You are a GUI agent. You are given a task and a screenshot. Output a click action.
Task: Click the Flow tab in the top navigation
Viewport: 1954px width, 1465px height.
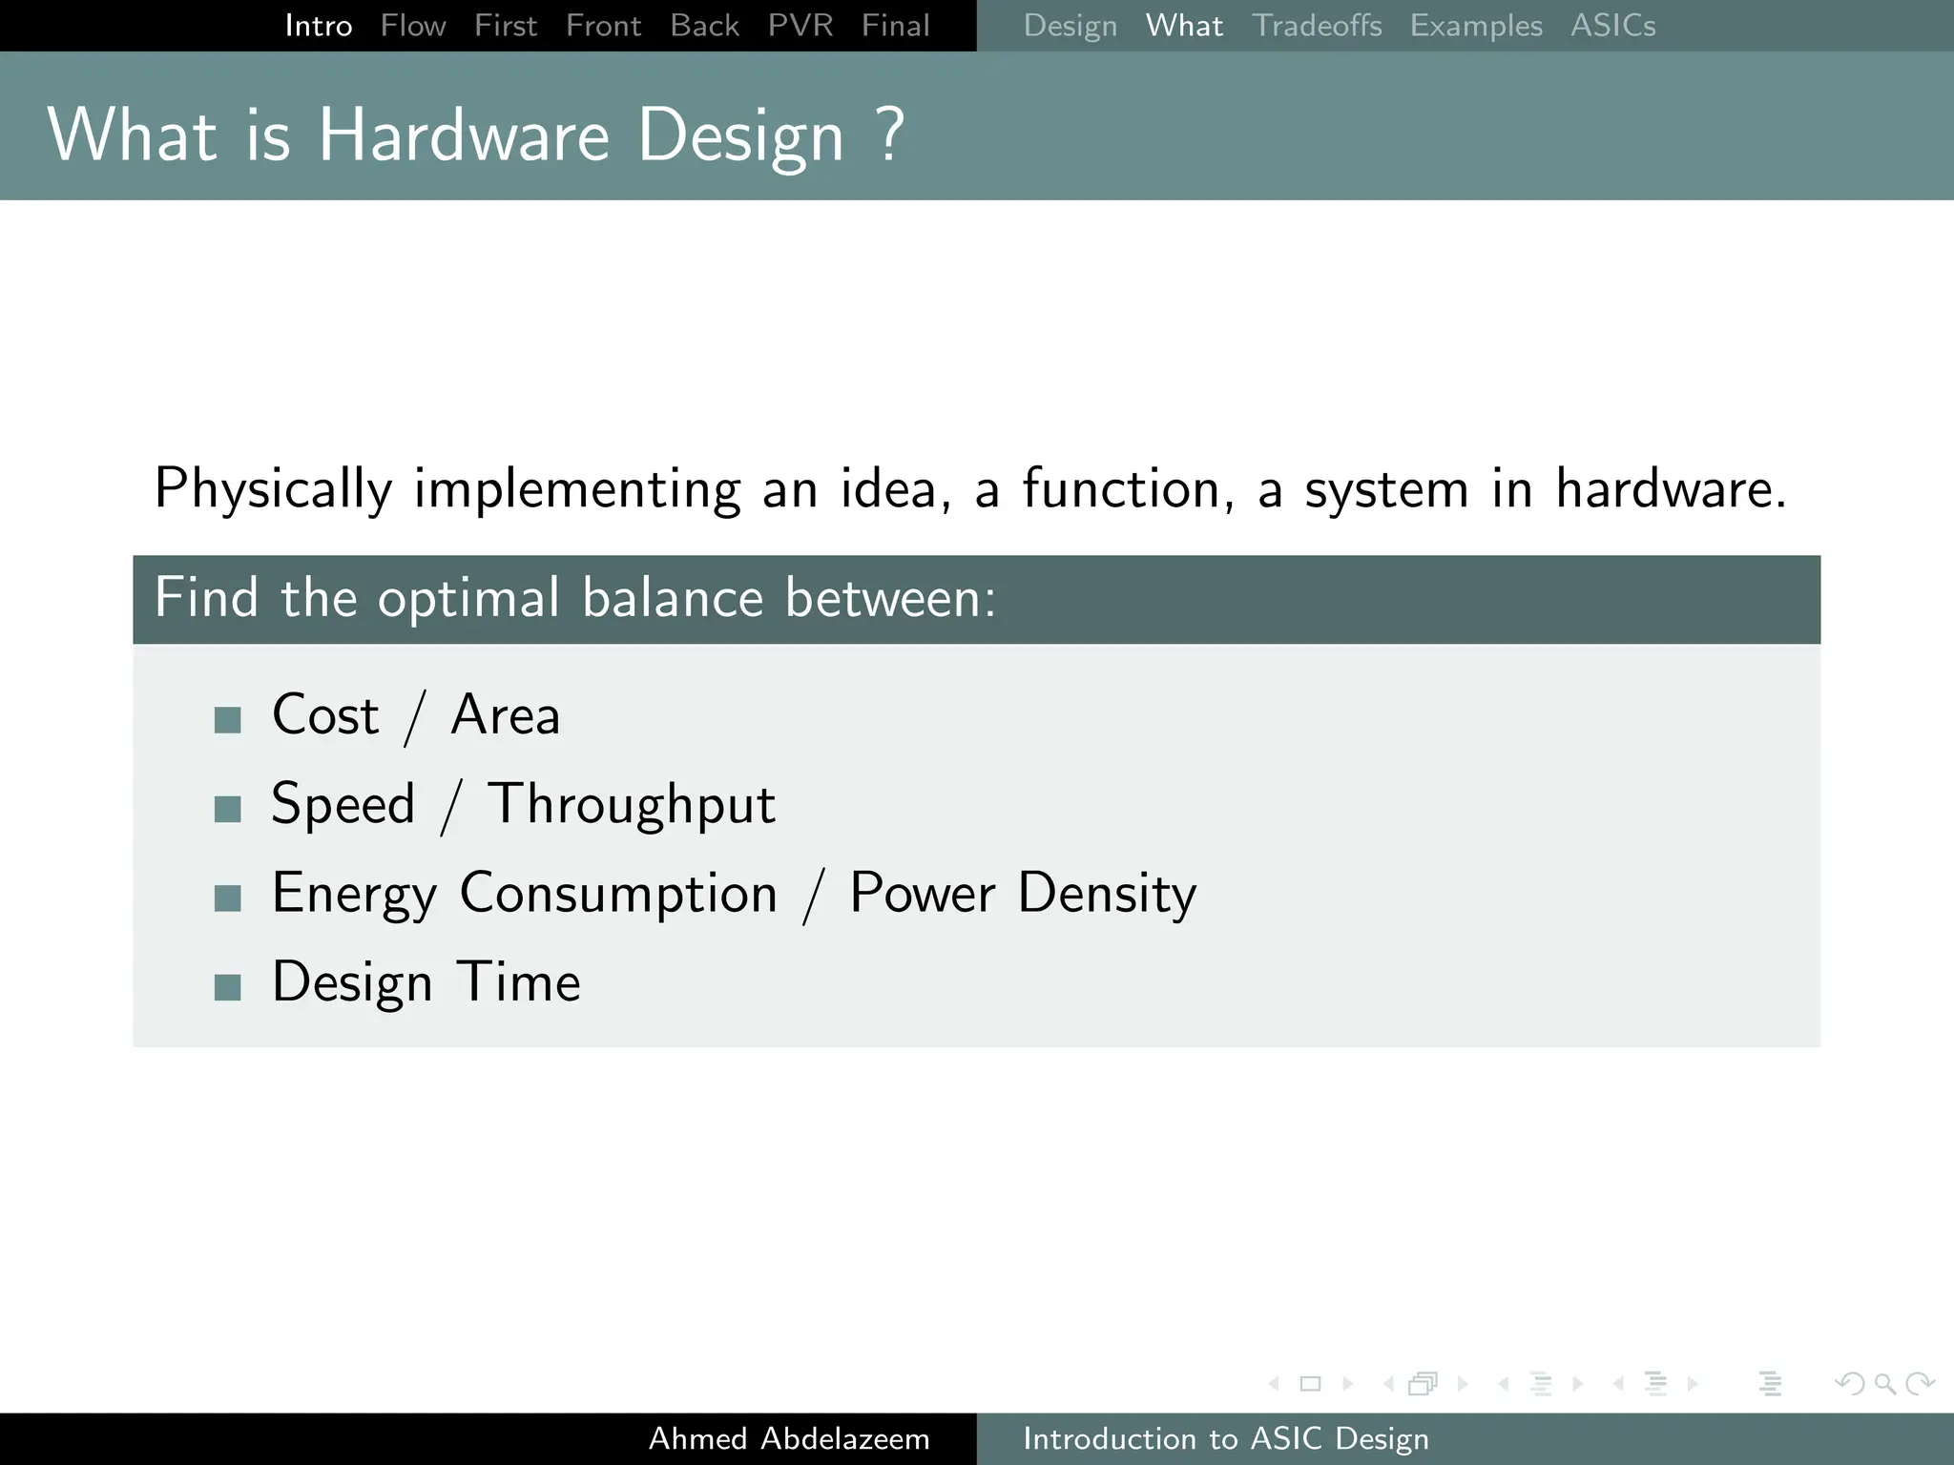coord(413,26)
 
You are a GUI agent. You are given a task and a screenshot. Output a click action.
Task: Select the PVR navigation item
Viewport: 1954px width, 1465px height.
coord(800,26)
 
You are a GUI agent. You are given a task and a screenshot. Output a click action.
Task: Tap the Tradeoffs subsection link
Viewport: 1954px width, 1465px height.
coord(1317,26)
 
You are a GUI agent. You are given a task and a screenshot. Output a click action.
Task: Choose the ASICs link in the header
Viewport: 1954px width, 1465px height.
coord(1613,26)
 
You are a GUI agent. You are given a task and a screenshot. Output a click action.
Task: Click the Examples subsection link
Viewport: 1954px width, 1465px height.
coord(1476,26)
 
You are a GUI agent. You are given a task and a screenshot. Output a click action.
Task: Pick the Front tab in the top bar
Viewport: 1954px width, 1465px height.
coord(603,26)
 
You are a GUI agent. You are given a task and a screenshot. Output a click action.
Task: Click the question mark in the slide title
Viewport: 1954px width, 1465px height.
coord(889,134)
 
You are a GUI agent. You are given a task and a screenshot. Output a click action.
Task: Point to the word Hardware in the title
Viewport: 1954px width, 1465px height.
coord(464,134)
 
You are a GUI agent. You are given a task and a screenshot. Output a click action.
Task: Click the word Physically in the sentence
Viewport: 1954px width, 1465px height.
coord(273,489)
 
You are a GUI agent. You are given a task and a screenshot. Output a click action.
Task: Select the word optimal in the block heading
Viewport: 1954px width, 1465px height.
coord(468,599)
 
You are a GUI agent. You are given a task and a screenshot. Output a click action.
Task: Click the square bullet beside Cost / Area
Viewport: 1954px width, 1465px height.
coord(228,720)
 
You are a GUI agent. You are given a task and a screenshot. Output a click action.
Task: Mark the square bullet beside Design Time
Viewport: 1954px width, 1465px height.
coord(228,987)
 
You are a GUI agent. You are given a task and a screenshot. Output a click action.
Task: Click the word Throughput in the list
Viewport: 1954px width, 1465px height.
coord(631,805)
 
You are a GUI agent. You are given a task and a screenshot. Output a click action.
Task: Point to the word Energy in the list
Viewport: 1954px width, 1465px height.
coord(354,895)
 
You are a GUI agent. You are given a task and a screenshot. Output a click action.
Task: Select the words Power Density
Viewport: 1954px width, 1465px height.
coord(1023,895)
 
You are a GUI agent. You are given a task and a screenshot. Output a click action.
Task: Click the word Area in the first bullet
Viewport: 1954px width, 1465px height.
coord(505,715)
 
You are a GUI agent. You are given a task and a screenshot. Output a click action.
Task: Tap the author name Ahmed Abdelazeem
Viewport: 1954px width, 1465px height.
coord(789,1438)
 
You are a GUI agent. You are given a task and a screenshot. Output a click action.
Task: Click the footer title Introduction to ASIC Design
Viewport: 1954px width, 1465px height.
coord(1226,1438)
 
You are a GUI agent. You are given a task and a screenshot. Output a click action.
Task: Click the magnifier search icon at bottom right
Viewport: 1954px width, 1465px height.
coord(1884,1383)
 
